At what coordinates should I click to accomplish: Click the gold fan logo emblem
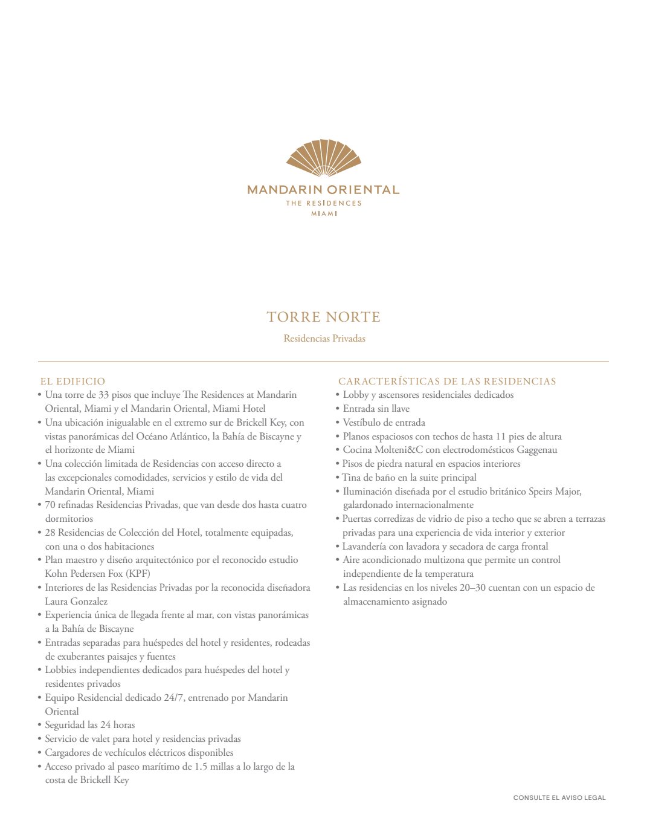click(x=324, y=158)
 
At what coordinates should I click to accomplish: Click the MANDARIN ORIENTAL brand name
click(x=323, y=190)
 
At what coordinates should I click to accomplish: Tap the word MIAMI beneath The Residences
click(x=324, y=213)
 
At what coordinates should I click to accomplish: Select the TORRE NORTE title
click(x=324, y=317)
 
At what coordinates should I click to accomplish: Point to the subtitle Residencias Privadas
click(x=324, y=339)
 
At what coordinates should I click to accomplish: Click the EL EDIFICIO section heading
click(x=72, y=382)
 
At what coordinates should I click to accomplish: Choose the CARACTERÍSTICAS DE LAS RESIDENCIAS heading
click(x=447, y=382)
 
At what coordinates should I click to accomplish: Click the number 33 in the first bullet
click(x=103, y=395)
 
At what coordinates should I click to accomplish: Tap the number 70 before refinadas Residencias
click(x=50, y=505)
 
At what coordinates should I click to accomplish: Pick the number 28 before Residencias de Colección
click(x=50, y=533)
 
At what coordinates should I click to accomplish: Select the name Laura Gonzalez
click(x=76, y=602)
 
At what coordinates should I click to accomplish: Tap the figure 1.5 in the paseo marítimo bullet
click(x=202, y=767)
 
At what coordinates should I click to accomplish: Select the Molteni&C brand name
click(x=398, y=450)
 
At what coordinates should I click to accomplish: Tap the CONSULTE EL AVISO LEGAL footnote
click(x=559, y=798)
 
